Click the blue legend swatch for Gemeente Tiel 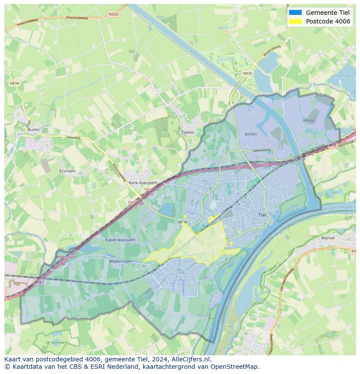pos(295,12)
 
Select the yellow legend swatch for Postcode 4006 pos(295,21)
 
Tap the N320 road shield pos(113,14)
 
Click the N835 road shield pos(247,73)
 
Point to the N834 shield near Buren pos(14,83)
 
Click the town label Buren pos(33,129)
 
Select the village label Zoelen pos(187,132)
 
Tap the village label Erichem pos(67,171)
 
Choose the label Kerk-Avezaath pos(143,183)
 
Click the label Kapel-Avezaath pos(120,239)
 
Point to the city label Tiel pos(262,215)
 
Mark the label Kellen pos(250,134)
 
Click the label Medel pos(309,120)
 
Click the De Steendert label pos(56,343)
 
